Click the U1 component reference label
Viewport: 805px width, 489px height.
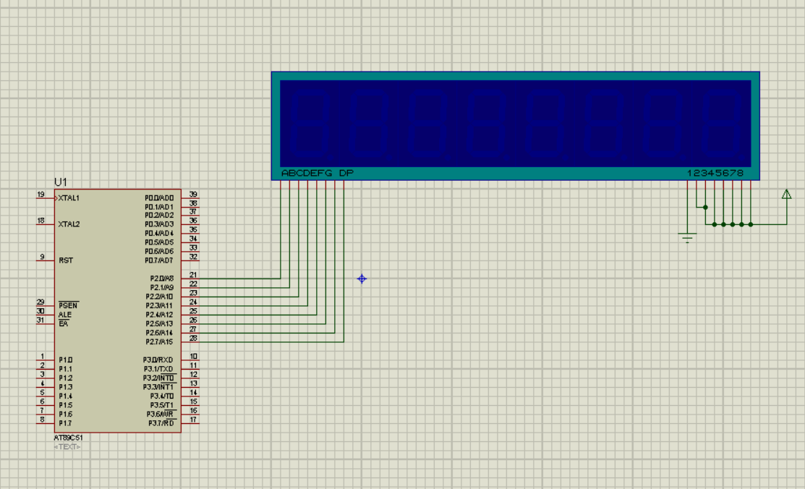(x=60, y=182)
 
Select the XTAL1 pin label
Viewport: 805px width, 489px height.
(x=69, y=197)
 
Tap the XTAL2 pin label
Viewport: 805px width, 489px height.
(x=69, y=224)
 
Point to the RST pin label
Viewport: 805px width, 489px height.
(x=65, y=260)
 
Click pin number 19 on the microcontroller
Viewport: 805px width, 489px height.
(x=41, y=194)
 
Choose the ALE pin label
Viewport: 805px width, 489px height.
(x=65, y=315)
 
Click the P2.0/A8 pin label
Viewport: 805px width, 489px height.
(x=161, y=278)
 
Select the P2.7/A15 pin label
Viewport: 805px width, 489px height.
(x=161, y=341)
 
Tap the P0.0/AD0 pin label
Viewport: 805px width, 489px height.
(x=159, y=197)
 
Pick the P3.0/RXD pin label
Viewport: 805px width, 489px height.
(x=158, y=360)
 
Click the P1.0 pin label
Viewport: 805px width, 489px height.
(x=65, y=360)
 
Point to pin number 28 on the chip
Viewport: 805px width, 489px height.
(x=193, y=338)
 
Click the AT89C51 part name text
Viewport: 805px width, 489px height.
(x=69, y=438)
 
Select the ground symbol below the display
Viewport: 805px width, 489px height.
(x=687, y=236)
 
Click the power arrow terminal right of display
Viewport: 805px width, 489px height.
(x=786, y=194)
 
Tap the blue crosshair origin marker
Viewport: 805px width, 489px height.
(x=362, y=278)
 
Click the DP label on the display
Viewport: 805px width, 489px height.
(x=346, y=174)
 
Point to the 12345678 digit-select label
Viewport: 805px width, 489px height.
(x=715, y=174)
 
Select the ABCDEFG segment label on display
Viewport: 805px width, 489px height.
(x=307, y=174)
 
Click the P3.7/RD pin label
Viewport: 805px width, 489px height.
(x=161, y=423)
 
